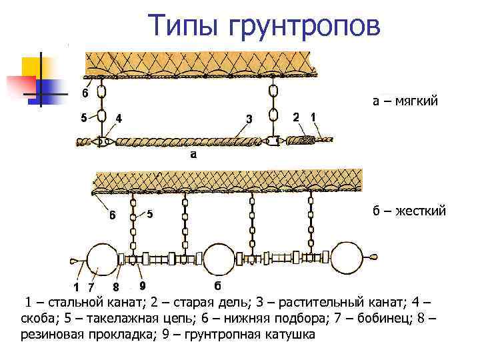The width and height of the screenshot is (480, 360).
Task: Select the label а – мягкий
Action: click(x=405, y=103)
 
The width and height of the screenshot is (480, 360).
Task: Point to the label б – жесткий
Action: click(x=409, y=211)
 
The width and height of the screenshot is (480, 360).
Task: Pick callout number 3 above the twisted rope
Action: click(x=249, y=119)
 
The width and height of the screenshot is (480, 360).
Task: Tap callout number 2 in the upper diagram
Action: click(x=296, y=117)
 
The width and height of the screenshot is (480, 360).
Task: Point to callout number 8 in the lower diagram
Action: click(x=115, y=287)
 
